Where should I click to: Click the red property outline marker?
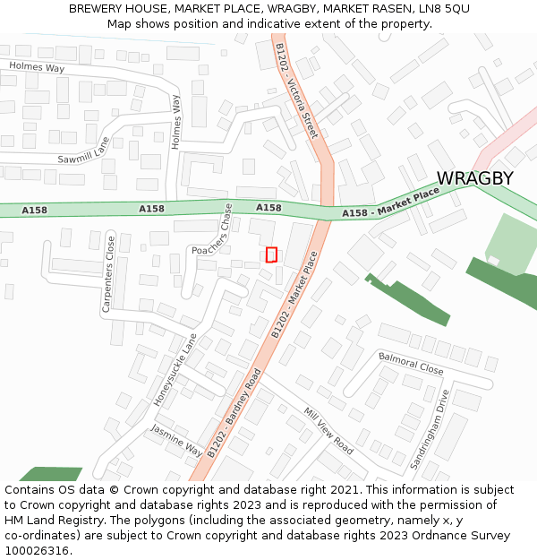point(271,254)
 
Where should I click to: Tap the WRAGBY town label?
point(474,178)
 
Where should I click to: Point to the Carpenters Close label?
point(108,272)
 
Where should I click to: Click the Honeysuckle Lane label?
point(175,369)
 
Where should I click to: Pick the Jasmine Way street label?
point(175,441)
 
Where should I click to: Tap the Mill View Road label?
point(328,431)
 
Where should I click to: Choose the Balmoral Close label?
point(410,363)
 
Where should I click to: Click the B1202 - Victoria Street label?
point(297,90)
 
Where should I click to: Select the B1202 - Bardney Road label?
point(234,413)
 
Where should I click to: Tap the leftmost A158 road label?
point(34,211)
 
